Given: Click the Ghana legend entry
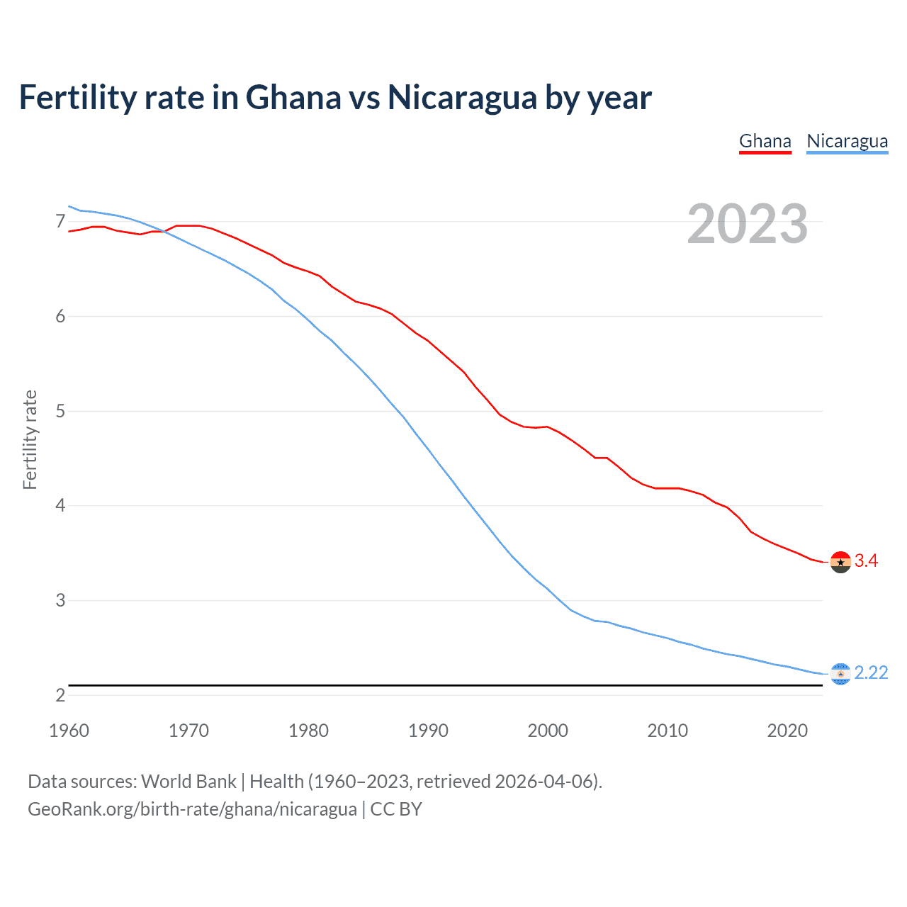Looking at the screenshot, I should coord(765,141).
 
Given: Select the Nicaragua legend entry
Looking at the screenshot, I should coord(847,141).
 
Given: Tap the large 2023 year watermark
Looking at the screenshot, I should coord(747,224).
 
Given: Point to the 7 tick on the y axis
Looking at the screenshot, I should coord(60,222).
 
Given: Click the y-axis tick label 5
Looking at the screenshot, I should coord(60,411).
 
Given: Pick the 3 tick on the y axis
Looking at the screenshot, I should coord(60,601).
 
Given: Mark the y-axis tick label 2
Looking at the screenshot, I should coord(60,695).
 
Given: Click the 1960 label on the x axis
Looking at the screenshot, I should coord(69,731).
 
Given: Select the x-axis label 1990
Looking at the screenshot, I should coord(428,731).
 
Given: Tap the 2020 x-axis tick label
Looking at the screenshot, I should coord(787,731).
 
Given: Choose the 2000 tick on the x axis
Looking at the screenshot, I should coord(548,731).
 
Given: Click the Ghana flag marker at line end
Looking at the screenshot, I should coord(840,562).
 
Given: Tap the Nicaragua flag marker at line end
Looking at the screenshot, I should coord(840,674).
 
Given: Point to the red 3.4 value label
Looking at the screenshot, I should coord(866,561).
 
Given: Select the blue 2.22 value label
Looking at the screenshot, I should coord(871,673).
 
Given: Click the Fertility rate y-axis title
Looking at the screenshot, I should coord(30,439).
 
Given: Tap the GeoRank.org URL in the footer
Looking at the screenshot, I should coord(192,809).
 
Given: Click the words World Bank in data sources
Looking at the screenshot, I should coord(188,782).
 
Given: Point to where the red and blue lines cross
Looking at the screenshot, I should coord(164,231).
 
